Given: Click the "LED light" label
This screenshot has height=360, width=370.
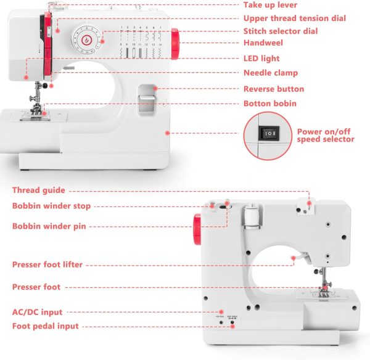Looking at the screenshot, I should click(x=261, y=59).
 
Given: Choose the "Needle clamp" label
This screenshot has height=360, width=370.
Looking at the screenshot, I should click(x=270, y=73).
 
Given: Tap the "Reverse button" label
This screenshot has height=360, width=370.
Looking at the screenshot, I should click(x=274, y=89).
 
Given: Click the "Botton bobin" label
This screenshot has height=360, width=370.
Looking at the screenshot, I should click(x=269, y=104).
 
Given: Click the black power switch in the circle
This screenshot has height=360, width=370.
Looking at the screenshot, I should click(x=269, y=133).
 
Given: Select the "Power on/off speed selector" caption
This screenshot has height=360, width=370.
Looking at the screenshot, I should click(x=326, y=135).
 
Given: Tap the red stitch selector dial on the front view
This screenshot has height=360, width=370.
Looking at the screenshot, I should click(x=86, y=39).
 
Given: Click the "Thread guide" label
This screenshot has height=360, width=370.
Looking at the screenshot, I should click(x=38, y=190).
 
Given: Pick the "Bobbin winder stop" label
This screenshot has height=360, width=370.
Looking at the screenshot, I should click(x=51, y=206).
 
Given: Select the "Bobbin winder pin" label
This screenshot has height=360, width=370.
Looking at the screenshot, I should click(x=49, y=226).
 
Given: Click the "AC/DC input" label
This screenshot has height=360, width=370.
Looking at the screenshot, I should click(x=37, y=313).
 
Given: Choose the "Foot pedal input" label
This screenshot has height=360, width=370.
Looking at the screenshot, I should click(x=45, y=326).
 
